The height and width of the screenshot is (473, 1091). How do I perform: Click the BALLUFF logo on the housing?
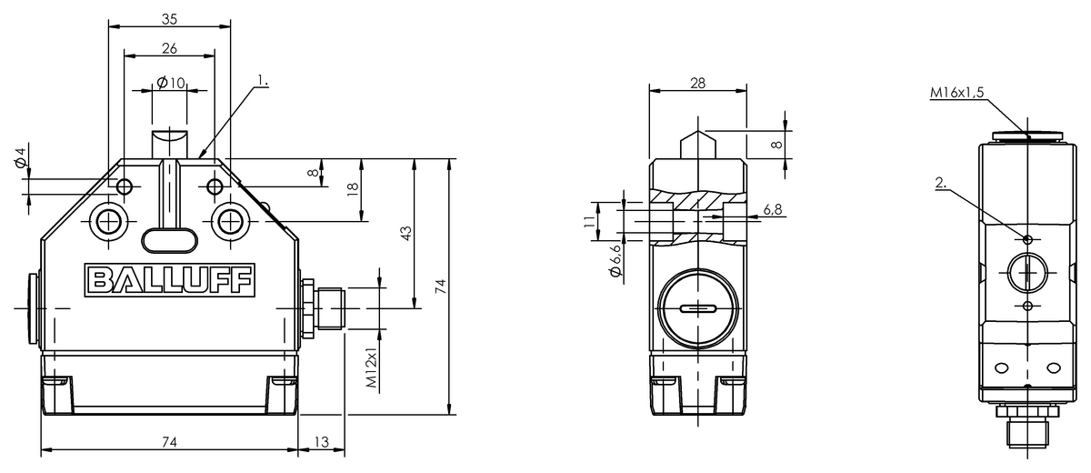tap(169, 280)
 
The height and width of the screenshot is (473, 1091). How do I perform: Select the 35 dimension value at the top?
tap(169, 19)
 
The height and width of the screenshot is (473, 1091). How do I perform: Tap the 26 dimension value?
tap(169, 48)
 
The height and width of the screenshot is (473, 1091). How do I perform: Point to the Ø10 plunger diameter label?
tap(171, 83)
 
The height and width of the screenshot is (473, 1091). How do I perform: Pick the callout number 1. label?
tap(263, 80)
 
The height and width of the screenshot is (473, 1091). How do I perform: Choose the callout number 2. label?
tap(940, 183)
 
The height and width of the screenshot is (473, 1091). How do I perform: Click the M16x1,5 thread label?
tap(957, 92)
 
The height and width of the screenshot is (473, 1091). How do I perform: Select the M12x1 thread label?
tap(372, 367)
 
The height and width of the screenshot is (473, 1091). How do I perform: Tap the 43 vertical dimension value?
tap(405, 233)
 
